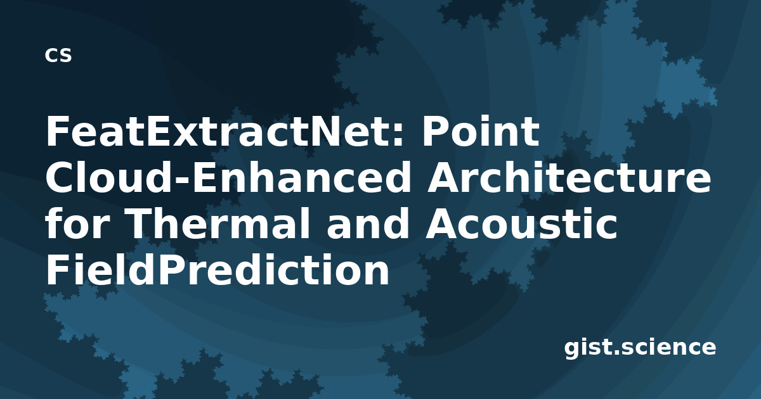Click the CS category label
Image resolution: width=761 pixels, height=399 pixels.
(x=58, y=55)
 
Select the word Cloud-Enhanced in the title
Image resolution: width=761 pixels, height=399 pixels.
(x=228, y=177)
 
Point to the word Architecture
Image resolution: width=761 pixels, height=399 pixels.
(x=569, y=177)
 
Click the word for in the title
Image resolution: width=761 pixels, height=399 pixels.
(x=78, y=224)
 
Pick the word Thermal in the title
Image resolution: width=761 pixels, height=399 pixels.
(x=219, y=224)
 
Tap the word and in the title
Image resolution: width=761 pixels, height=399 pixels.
(x=368, y=224)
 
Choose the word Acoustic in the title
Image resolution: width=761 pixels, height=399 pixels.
(x=521, y=224)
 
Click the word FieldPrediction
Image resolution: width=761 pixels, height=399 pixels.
(x=218, y=270)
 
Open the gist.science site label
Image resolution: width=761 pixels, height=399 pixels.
(x=640, y=348)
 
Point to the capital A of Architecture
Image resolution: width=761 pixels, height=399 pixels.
(x=443, y=178)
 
